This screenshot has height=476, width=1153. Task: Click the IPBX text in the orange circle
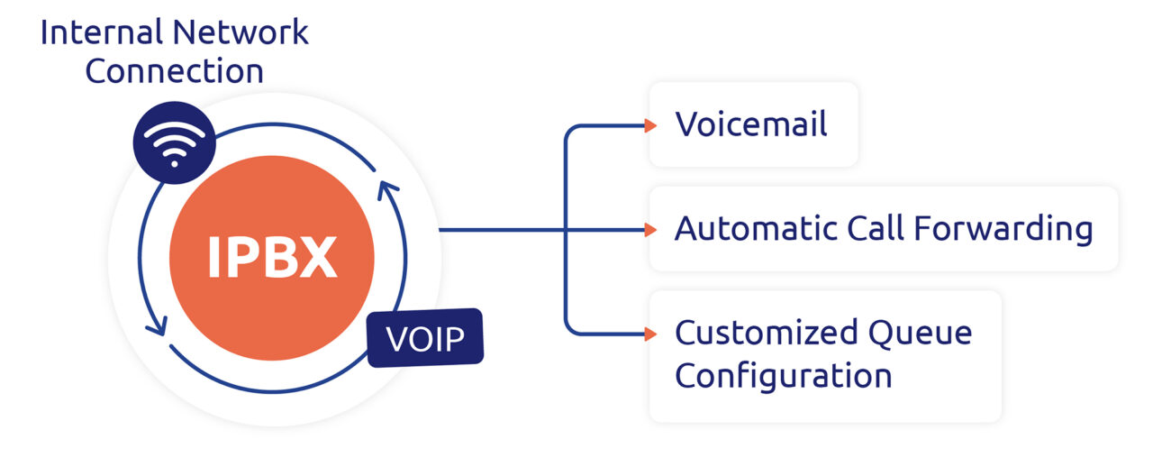click(271, 257)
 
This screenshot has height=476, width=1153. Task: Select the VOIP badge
click(425, 339)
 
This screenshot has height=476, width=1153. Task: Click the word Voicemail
click(751, 124)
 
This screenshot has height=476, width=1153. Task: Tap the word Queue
click(920, 334)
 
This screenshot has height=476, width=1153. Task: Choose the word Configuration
click(784, 376)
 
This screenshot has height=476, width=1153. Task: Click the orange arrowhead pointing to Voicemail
click(650, 125)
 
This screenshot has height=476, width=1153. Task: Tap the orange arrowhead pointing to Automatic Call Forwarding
click(650, 230)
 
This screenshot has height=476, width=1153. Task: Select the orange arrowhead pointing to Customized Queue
click(650, 334)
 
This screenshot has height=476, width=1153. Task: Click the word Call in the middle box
click(878, 229)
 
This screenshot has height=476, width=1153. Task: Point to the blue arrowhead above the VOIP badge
click(388, 189)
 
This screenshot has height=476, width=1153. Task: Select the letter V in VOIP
click(397, 340)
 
